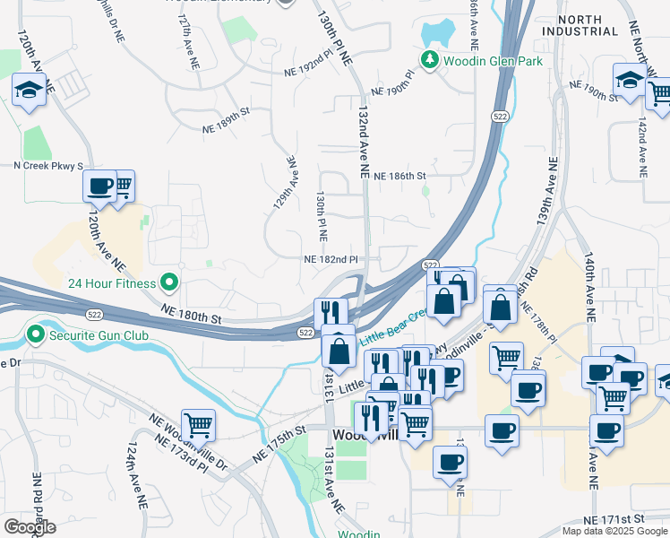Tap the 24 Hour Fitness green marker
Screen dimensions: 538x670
(x=167, y=283)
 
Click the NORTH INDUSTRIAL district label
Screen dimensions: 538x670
(x=587, y=25)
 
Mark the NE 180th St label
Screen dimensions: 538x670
(x=192, y=316)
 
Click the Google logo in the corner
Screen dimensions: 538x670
(x=29, y=527)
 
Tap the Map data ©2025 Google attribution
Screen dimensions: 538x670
(x=614, y=531)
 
